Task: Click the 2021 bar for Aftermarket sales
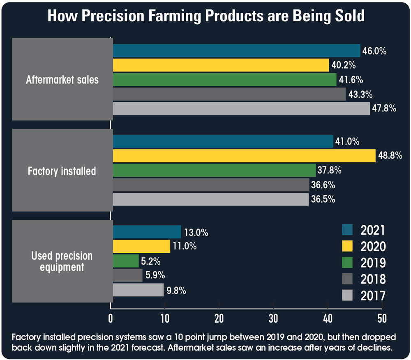[236, 51]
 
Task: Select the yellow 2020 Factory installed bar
[244, 156]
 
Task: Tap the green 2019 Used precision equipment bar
[125, 261]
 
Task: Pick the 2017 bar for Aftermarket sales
[241, 108]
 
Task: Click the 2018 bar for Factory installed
[210, 185]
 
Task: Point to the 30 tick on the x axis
[273, 318]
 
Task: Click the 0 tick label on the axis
[111, 318]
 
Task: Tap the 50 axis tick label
[382, 318]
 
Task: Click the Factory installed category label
[62, 171]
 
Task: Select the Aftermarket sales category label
[62, 79]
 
